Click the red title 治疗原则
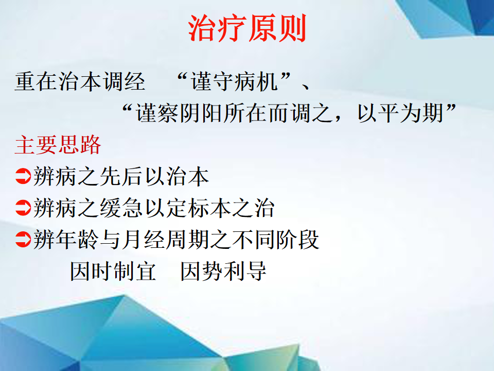tap(248, 28)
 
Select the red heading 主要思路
tap(58, 145)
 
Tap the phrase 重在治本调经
tap(80, 82)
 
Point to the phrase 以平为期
tap(400, 113)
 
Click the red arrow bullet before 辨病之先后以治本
tap(23, 176)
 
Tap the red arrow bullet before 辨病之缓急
tap(23, 208)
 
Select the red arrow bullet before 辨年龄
tap(23, 239)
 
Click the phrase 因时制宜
tap(113, 271)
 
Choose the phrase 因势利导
tap(223, 271)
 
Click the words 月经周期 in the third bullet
tap(165, 240)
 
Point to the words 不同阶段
tap(276, 240)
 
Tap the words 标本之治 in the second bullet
tap(231, 208)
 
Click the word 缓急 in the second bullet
tap(121, 208)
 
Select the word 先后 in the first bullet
tap(121, 176)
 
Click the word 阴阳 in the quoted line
tap(201, 113)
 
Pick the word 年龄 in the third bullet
tap(77, 240)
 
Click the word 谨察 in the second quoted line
tap(157, 113)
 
